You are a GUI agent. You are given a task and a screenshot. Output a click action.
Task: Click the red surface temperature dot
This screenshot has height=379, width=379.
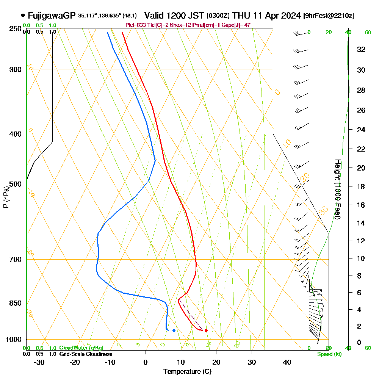[x=206, y=330]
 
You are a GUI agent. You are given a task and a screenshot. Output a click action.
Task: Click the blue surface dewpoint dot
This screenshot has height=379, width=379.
[x=174, y=330]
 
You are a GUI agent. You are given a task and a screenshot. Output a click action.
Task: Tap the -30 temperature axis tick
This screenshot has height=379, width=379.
[x=39, y=362]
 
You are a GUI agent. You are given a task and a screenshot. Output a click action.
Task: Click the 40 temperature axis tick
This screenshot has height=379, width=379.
[x=287, y=362]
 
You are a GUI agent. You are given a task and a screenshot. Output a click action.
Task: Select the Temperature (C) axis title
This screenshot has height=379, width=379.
[x=187, y=371]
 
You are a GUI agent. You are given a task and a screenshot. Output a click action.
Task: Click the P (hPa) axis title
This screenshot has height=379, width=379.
[x=6, y=197]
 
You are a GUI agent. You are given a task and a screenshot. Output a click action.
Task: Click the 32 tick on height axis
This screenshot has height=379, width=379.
[x=361, y=49]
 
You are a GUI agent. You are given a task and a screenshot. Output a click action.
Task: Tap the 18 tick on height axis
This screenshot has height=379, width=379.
[x=361, y=186]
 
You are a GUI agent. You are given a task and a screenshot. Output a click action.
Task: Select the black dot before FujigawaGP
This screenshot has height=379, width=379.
[x=23, y=16]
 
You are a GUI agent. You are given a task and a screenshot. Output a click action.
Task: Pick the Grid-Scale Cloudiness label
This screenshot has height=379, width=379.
[x=85, y=354]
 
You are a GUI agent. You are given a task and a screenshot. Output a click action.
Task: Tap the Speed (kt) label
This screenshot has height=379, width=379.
[x=329, y=354]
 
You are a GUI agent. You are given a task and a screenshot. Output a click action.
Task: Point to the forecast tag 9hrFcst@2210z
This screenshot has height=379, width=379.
[x=329, y=16]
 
